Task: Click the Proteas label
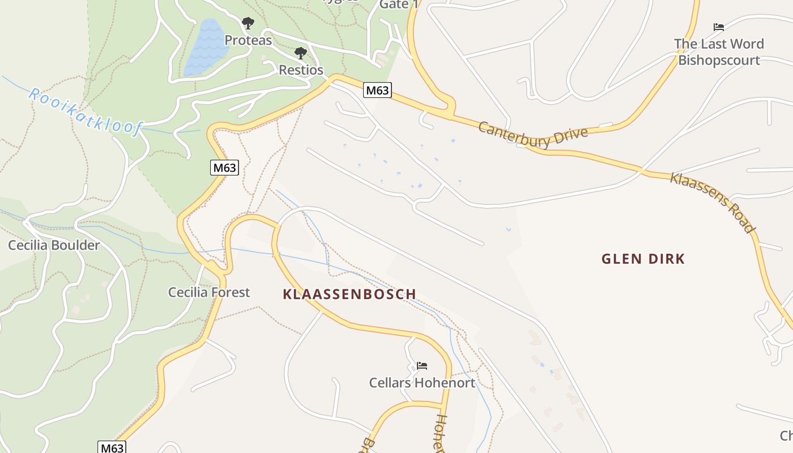click(248, 41)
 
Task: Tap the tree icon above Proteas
click(248, 23)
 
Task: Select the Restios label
click(301, 70)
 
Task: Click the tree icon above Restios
click(301, 53)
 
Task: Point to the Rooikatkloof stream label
click(85, 112)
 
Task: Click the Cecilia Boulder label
click(54, 245)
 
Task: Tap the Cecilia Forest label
click(209, 292)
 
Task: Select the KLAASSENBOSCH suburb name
click(349, 294)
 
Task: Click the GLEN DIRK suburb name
click(643, 259)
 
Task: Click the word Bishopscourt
click(719, 60)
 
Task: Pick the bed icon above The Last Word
click(719, 27)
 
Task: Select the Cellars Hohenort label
click(421, 383)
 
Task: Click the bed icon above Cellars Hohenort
click(421, 366)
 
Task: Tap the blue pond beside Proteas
click(206, 48)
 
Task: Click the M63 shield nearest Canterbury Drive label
click(377, 90)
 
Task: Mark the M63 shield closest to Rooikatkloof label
click(224, 168)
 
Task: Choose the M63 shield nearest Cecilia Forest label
click(112, 447)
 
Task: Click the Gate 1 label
click(398, 5)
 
